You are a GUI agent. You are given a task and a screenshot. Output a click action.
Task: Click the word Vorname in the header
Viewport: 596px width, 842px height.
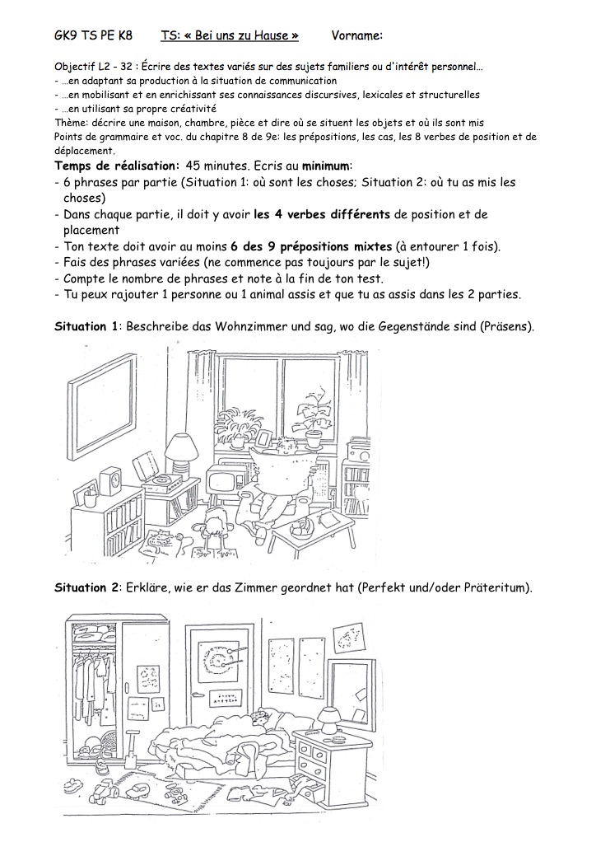tap(356, 35)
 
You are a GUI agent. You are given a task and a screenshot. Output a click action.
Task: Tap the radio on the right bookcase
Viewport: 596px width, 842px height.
tap(359, 452)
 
